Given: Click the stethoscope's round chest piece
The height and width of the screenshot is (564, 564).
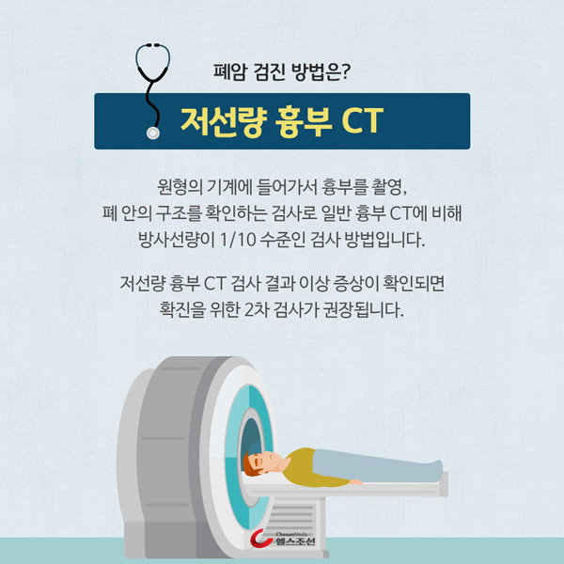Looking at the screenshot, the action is click(153, 133).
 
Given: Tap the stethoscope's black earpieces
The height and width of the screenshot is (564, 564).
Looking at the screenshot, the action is click(153, 45).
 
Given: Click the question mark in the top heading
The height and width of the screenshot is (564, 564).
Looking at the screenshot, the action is click(345, 71).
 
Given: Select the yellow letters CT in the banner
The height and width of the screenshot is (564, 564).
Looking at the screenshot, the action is click(363, 120).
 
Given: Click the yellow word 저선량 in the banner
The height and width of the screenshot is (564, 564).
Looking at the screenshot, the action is click(224, 121).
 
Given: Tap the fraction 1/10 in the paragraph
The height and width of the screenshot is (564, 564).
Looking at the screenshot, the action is click(238, 240).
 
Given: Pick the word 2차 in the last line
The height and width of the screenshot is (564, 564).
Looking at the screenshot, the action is click(257, 309).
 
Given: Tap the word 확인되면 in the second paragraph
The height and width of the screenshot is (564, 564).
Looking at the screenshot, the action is click(414, 284).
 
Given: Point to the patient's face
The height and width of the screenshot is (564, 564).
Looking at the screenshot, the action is click(268, 462).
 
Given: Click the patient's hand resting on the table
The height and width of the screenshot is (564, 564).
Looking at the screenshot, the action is click(355, 481).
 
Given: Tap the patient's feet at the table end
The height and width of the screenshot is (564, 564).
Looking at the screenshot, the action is click(437, 470).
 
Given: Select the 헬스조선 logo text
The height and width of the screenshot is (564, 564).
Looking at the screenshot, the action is click(295, 541).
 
